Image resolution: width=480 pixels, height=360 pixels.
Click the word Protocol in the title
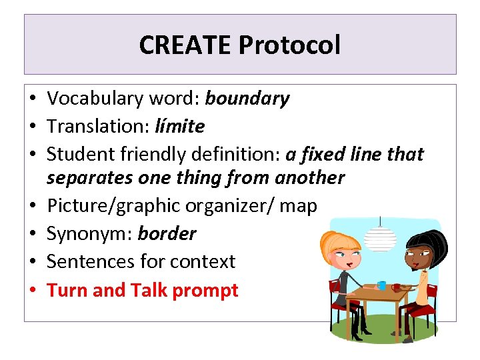pyautogui.click(x=289, y=45)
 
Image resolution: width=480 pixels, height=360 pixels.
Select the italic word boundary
pyautogui.click(x=247, y=99)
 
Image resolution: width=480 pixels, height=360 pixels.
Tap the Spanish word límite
pyautogui.click(x=179, y=127)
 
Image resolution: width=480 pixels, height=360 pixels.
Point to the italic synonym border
pyautogui.click(x=167, y=234)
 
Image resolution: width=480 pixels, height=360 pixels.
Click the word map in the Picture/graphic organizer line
pyautogui.click(x=298, y=206)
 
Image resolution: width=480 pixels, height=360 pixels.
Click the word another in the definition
pyautogui.click(x=309, y=178)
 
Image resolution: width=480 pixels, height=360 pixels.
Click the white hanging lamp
pyautogui.click(x=382, y=240)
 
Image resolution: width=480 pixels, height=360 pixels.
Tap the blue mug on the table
pyautogui.click(x=381, y=285)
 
